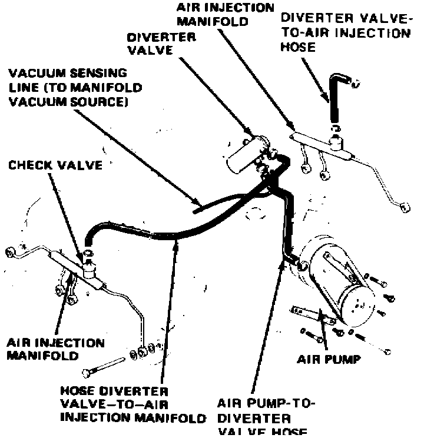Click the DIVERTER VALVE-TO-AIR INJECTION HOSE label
pyautogui.click(x=345, y=32)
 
